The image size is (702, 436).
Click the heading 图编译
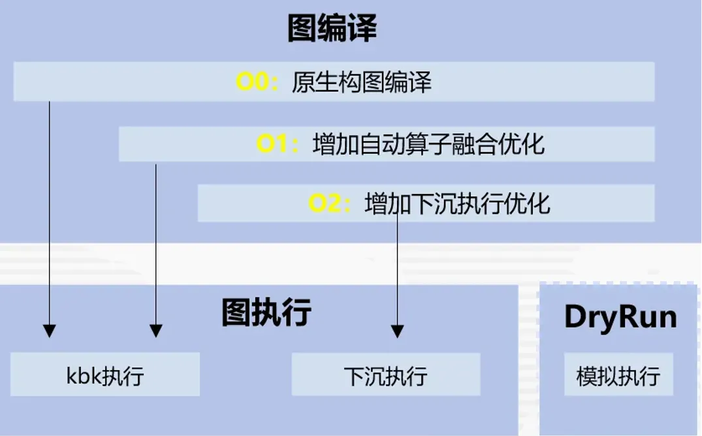pyautogui.click(x=332, y=29)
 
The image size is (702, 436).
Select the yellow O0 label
pyautogui.click(x=257, y=82)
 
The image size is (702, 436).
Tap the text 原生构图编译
pyautogui.click(x=361, y=83)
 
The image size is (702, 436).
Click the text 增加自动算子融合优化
pyautogui.click(x=428, y=144)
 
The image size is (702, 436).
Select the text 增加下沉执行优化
pyautogui.click(x=458, y=204)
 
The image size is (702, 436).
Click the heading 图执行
pyautogui.click(x=266, y=312)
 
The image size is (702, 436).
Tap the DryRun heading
pyautogui.click(x=620, y=317)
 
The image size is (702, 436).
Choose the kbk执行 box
pyautogui.click(x=105, y=375)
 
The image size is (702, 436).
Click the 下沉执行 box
pyautogui.click(x=385, y=375)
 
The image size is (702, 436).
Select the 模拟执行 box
pyautogui.click(x=618, y=375)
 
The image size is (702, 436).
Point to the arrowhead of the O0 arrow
pyautogui.click(x=50, y=331)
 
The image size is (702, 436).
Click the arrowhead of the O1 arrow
pyautogui.click(x=155, y=331)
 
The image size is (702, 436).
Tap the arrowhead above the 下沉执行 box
pyautogui.click(x=397, y=331)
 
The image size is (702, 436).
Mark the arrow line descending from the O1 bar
pyautogui.click(x=155, y=242)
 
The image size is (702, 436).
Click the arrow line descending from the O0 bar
pyautogui.click(x=50, y=209)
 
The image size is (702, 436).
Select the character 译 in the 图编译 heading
pyautogui.click(x=362, y=29)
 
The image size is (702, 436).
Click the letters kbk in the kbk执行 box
pyautogui.click(x=82, y=375)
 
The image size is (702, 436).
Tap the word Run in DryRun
pyautogui.click(x=646, y=317)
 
